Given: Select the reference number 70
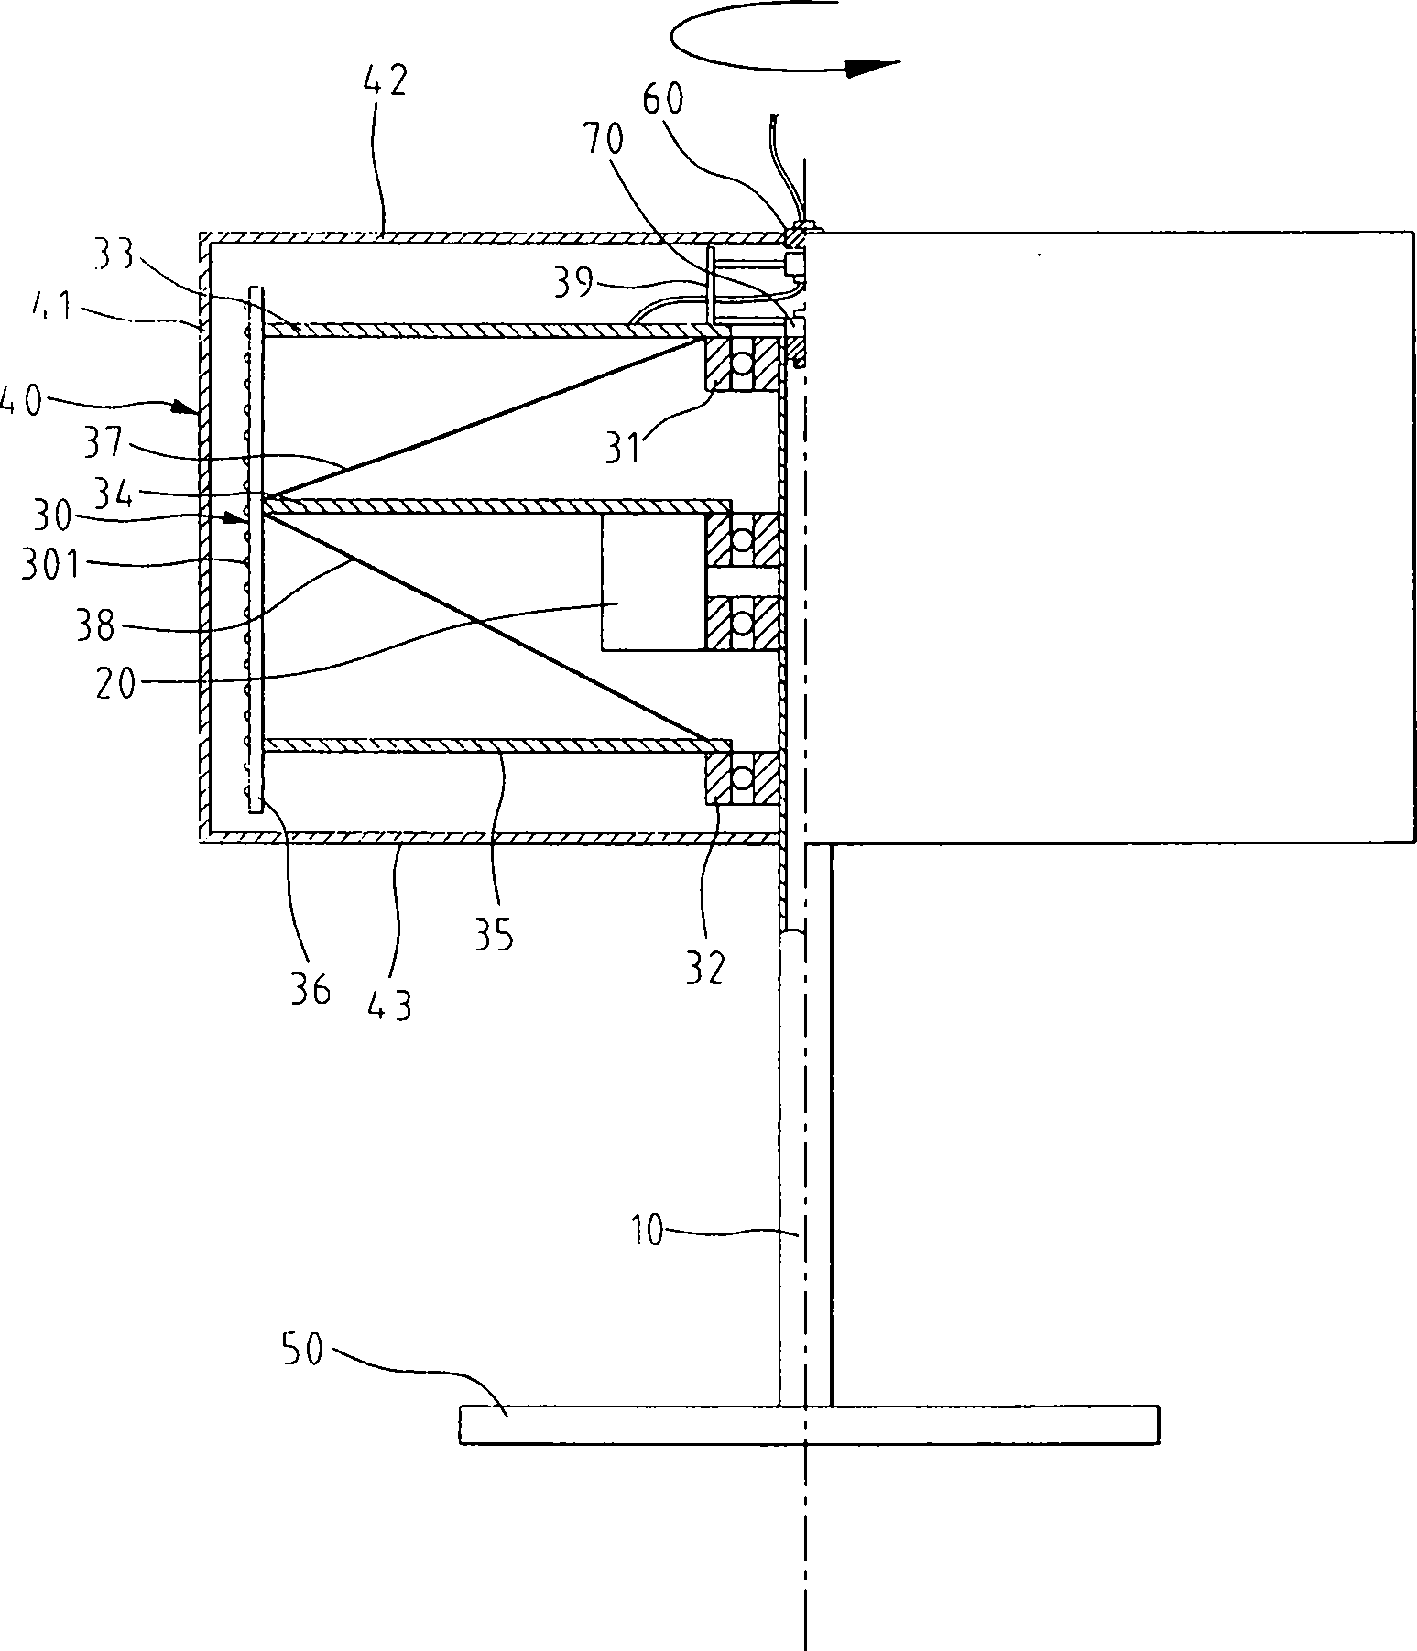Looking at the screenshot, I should click(602, 140).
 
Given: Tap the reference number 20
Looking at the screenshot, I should click(116, 682).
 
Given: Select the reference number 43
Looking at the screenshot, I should click(391, 1005).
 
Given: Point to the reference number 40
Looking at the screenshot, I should click(21, 400).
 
